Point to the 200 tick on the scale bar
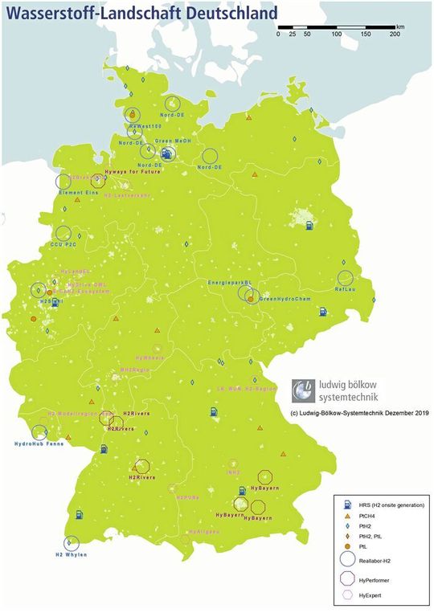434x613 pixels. click(395, 35)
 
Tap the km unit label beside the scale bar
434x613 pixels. click(400, 27)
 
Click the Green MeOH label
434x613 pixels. click(171, 141)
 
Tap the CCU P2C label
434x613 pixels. click(63, 243)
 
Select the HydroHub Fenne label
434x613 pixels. click(39, 443)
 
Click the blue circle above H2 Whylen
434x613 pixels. click(72, 543)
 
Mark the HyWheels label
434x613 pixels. click(149, 356)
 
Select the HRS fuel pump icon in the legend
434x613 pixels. click(347, 504)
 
